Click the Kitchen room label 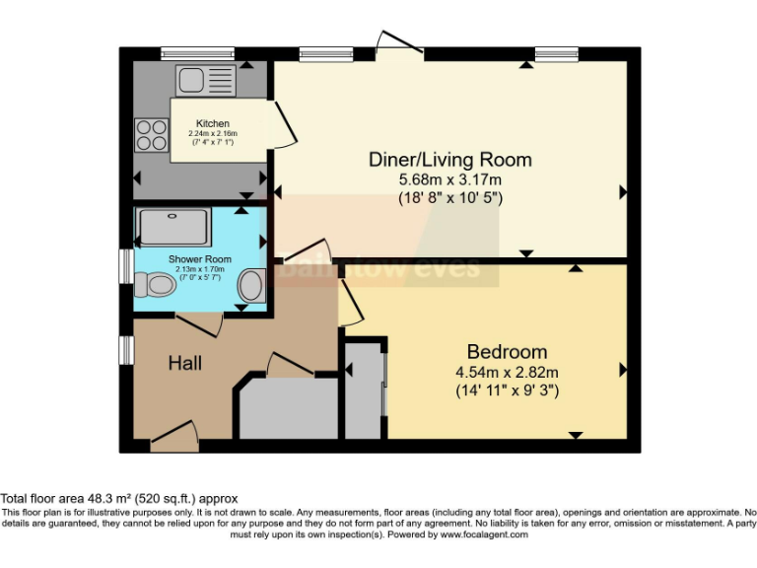(x=212, y=124)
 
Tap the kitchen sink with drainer (x=205, y=79)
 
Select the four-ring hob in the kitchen (x=151, y=134)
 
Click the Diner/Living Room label (x=449, y=160)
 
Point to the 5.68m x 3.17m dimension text (x=449, y=179)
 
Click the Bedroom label (x=507, y=352)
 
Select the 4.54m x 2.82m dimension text (x=507, y=372)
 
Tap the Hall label (x=184, y=364)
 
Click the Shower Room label (x=191, y=257)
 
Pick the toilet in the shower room (x=154, y=286)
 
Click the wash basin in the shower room (x=252, y=287)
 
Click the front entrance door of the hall (x=172, y=436)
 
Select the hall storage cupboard (x=286, y=409)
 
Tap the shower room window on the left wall (x=126, y=265)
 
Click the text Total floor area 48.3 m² (x=118, y=499)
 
